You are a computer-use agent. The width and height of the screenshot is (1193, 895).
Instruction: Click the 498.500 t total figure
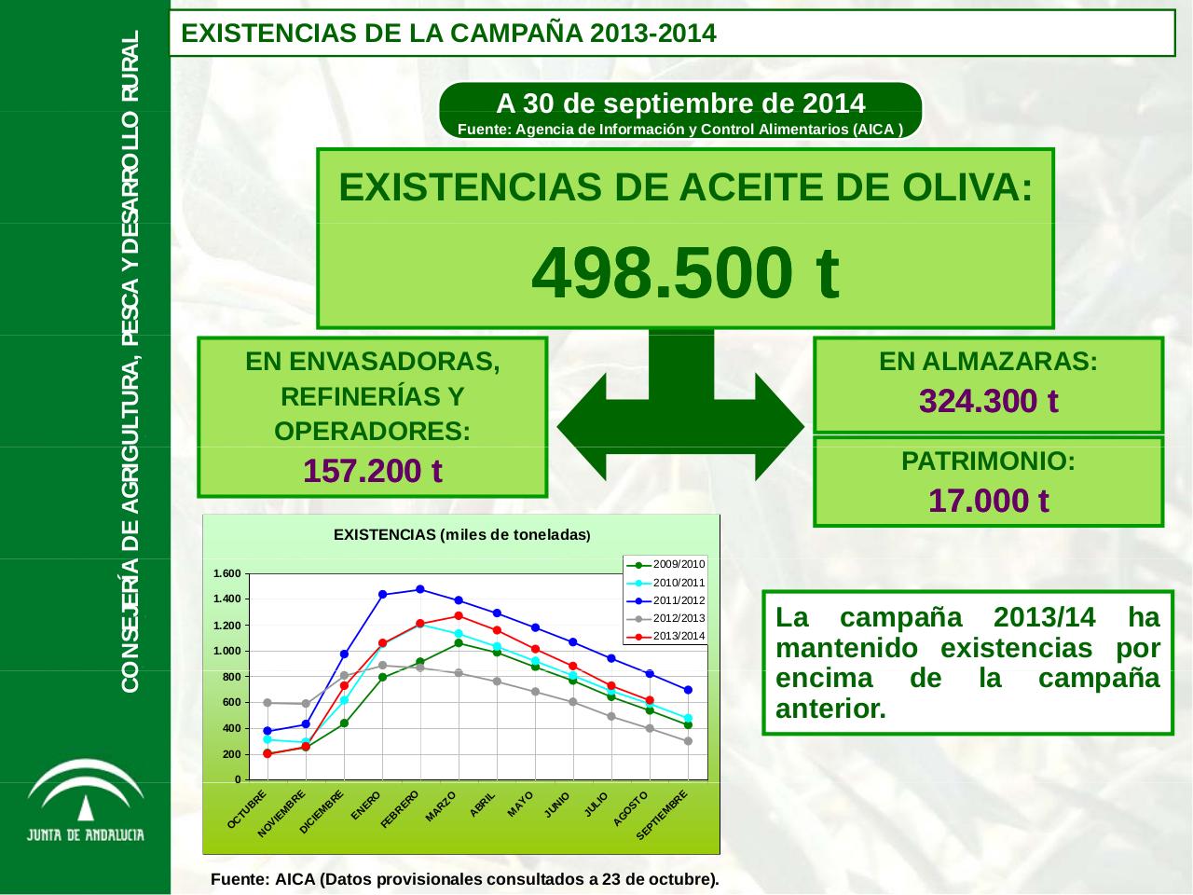pyautogui.click(x=685, y=273)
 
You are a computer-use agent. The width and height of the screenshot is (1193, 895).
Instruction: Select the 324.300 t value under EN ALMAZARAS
pyautogui.click(x=988, y=401)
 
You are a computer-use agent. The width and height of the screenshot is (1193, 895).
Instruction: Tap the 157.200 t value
pyautogui.click(x=372, y=472)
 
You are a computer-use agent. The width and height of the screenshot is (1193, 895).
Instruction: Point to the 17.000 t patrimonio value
pyautogui.click(x=988, y=501)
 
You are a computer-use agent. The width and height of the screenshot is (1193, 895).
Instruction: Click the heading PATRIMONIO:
pyautogui.click(x=988, y=461)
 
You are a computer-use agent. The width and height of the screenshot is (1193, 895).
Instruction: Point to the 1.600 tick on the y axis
pyautogui.click(x=226, y=573)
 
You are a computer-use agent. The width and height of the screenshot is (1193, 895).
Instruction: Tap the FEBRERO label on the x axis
pyautogui.click(x=402, y=808)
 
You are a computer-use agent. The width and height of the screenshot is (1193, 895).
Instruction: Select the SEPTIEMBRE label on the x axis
pyautogui.click(x=663, y=815)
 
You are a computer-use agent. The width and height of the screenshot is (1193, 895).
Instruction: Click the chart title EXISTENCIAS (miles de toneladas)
pyautogui.click(x=461, y=535)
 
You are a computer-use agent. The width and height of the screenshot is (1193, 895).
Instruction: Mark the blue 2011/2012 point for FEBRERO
pyautogui.click(x=420, y=589)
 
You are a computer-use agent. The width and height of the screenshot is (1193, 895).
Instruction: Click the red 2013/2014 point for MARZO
pyautogui.click(x=459, y=615)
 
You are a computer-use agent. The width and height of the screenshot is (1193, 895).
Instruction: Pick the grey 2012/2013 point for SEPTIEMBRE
pyautogui.click(x=688, y=741)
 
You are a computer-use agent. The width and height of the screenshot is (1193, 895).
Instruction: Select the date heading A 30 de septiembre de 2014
pyautogui.click(x=680, y=102)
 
